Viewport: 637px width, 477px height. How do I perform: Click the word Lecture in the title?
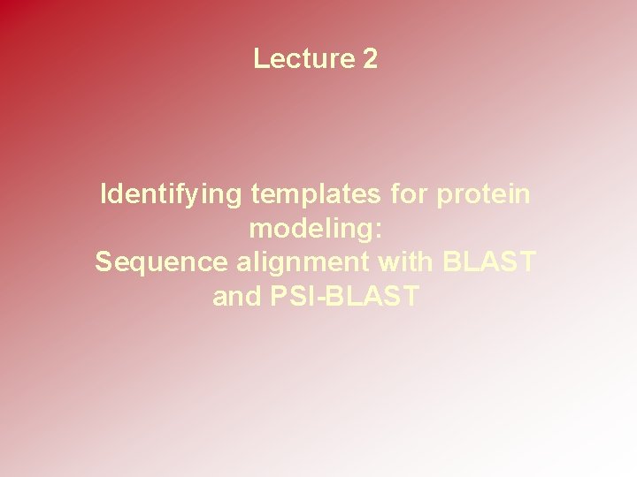click(x=304, y=58)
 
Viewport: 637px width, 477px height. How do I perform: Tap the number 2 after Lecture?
click(x=370, y=58)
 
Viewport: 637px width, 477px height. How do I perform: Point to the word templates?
click(x=316, y=194)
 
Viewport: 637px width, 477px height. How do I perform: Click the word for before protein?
click(x=409, y=193)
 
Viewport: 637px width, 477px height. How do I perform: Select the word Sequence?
click(x=161, y=263)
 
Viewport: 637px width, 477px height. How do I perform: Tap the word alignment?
click(x=303, y=263)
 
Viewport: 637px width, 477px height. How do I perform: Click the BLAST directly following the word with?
click(x=489, y=261)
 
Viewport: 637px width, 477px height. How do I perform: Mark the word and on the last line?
click(x=237, y=296)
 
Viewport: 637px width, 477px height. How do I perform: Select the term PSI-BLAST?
click(x=344, y=296)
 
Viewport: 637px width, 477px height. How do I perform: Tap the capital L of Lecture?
click(x=261, y=58)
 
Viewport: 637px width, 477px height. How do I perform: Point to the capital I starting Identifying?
click(x=104, y=193)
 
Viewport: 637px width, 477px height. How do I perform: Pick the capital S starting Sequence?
click(x=104, y=261)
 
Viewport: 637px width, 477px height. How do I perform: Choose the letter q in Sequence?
click(x=139, y=267)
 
